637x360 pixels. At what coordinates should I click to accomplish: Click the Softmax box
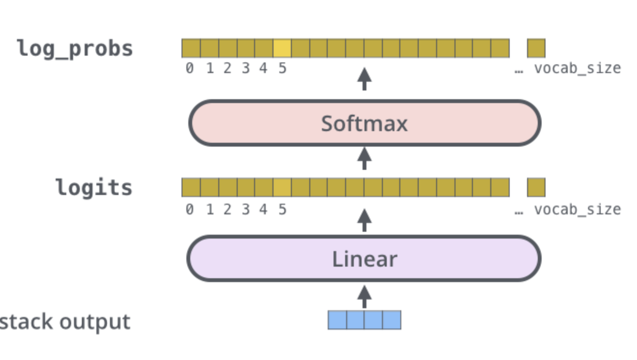click(x=364, y=123)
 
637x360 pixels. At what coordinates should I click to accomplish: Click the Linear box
click(x=364, y=259)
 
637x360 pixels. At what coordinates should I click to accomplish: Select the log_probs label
click(x=75, y=49)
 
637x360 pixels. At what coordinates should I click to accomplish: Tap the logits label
click(x=94, y=187)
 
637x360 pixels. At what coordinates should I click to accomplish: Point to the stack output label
click(x=65, y=322)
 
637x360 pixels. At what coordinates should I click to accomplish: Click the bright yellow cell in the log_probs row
click(x=282, y=48)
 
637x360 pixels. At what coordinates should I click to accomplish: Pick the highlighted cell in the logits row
click(x=282, y=187)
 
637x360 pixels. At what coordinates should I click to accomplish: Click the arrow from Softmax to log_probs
click(x=364, y=79)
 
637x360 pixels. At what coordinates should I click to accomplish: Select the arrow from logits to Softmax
click(x=364, y=158)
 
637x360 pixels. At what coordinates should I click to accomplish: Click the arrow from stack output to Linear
click(x=364, y=296)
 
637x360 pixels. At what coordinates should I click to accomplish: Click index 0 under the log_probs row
click(x=189, y=69)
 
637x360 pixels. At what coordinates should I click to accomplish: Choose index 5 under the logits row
click(x=282, y=210)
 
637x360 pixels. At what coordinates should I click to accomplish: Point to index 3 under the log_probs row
click(x=245, y=69)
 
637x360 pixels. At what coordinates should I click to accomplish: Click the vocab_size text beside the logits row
click(x=577, y=210)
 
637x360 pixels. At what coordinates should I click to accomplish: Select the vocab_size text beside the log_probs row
click(x=577, y=69)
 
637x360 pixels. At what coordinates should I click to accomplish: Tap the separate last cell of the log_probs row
click(x=536, y=48)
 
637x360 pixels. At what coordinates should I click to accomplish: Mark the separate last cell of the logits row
click(x=536, y=187)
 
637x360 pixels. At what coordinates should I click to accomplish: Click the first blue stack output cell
click(x=337, y=320)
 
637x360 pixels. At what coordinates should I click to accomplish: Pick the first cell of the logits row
click(x=191, y=187)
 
